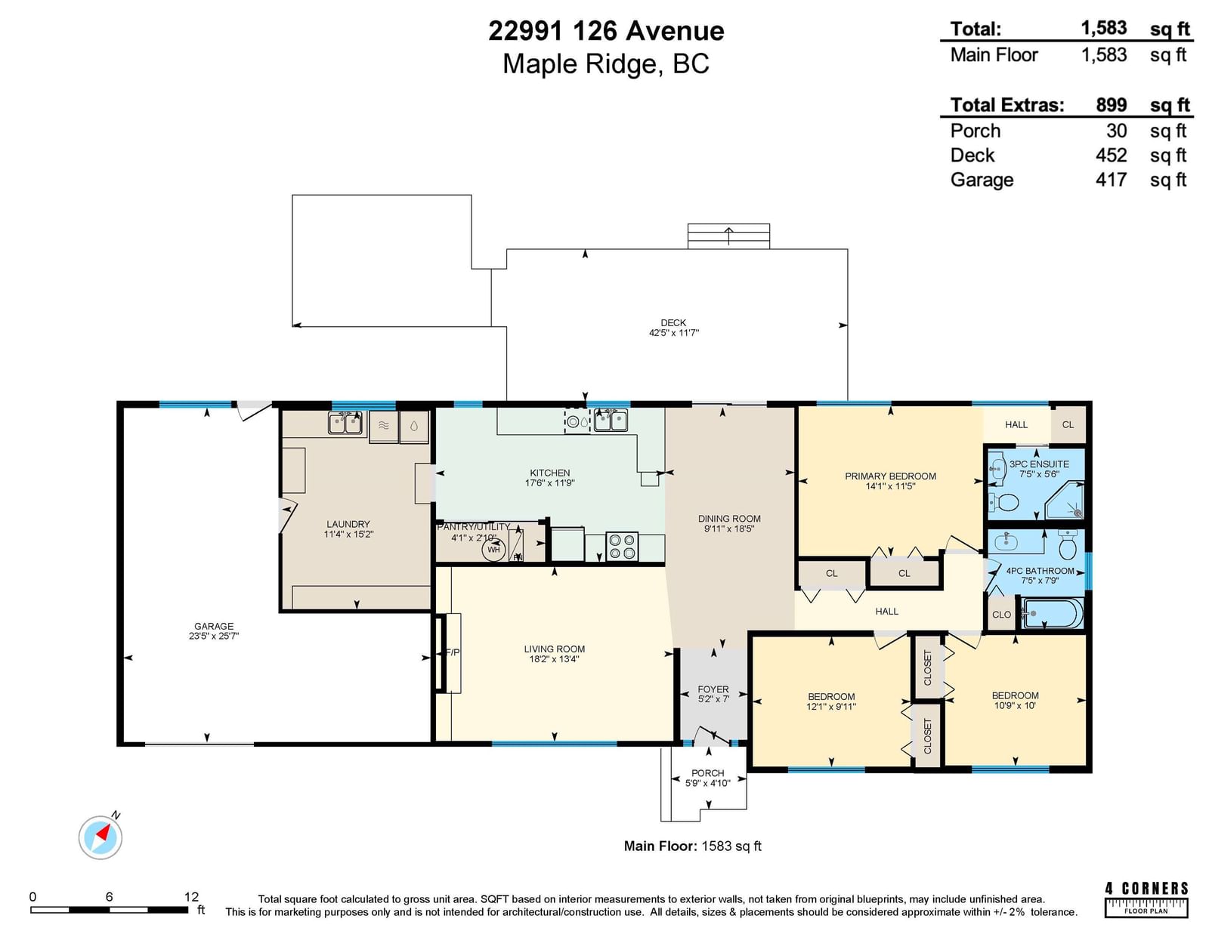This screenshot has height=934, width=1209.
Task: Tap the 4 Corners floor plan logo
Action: [x=1146, y=899]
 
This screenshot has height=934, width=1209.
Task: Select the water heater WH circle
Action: [x=493, y=549]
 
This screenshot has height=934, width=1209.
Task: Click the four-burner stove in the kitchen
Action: [x=621, y=547]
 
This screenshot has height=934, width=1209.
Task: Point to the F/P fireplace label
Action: [x=453, y=652]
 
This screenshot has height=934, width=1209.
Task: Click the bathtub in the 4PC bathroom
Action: [x=1052, y=613]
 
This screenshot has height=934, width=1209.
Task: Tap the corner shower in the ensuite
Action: [x=1065, y=500]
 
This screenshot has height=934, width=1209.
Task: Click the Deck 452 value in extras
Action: [x=1111, y=155]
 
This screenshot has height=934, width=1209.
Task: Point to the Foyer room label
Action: [x=713, y=689]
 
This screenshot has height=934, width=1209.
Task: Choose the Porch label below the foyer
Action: [x=708, y=773]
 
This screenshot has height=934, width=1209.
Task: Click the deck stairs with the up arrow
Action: [x=729, y=236]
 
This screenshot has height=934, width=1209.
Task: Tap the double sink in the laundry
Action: [x=345, y=423]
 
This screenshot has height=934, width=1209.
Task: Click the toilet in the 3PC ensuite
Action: [x=1004, y=503]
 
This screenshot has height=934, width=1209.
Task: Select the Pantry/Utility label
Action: [x=474, y=527]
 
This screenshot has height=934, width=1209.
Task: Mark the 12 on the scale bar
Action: [x=191, y=897]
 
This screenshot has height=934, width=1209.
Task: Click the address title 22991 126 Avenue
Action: [x=607, y=30]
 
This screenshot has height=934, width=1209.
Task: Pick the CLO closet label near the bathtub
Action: [x=1001, y=615]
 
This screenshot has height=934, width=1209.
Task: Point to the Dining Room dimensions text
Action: [x=729, y=529]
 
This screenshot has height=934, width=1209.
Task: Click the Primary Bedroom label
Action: [x=890, y=476]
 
